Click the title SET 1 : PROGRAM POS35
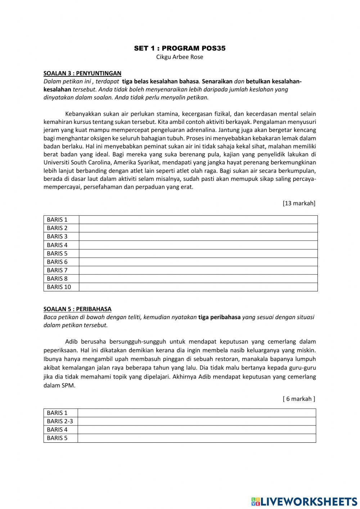(x=180, y=48)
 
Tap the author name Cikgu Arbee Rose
(x=180, y=57)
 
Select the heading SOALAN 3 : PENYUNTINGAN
(x=82, y=73)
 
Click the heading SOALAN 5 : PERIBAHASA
(x=77, y=309)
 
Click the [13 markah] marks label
(x=299, y=203)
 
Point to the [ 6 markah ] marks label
(x=299, y=399)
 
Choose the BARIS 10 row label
(x=59, y=287)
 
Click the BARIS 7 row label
(x=57, y=270)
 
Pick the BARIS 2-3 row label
(x=60, y=421)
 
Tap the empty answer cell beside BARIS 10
(x=198, y=287)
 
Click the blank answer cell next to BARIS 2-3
(x=197, y=421)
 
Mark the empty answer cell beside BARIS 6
(x=198, y=262)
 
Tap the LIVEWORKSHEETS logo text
(x=309, y=501)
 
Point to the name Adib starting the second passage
(x=71, y=341)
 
